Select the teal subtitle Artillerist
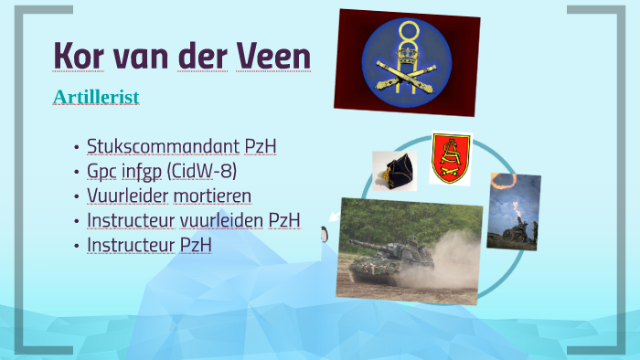96,97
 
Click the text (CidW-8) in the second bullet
212,171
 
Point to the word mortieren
213,196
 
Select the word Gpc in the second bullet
101,171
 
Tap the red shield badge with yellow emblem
450,156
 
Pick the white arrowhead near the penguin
334,217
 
